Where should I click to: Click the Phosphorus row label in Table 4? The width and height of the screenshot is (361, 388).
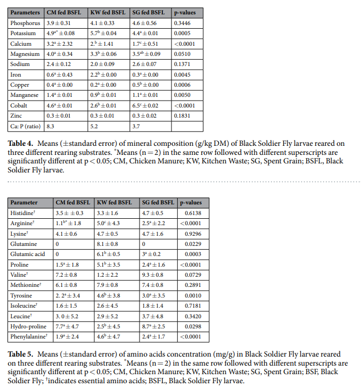pos(24,23)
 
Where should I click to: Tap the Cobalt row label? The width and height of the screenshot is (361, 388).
pos(20,105)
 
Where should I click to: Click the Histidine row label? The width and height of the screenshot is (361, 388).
pos(23,213)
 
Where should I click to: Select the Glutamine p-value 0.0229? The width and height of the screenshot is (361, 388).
pos(193,244)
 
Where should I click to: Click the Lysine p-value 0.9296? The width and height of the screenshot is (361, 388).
pos(193,234)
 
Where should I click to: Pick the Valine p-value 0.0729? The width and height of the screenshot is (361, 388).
pos(193,275)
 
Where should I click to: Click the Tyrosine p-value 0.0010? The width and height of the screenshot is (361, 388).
pos(193,295)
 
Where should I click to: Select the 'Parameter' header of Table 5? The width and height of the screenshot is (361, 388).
pos(24,203)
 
